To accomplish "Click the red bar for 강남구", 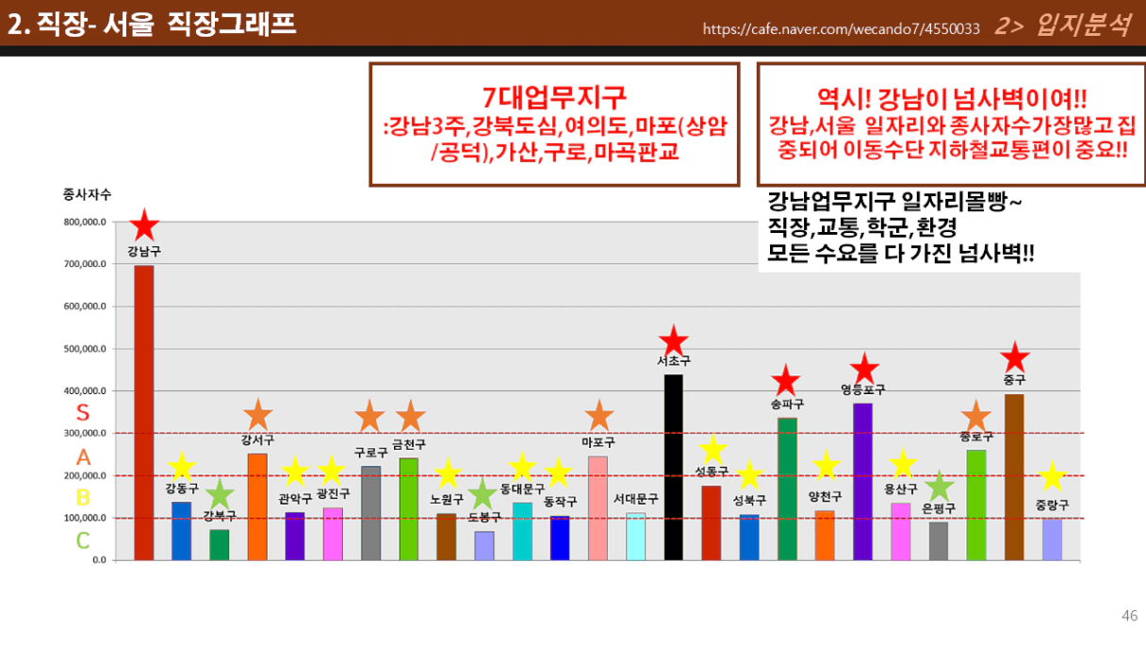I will pos(143,413).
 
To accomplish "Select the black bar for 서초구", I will pos(673,467).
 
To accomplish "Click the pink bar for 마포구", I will pos(598,508).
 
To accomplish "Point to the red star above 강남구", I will pos(144,225).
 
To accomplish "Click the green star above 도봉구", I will pos(483,493).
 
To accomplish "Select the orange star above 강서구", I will pos(257,414).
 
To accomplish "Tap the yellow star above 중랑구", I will pos(1052,476).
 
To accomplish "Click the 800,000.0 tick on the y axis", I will pos(86,222).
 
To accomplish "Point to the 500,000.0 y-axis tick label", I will pos(86,349).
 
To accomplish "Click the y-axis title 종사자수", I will pos(87,194).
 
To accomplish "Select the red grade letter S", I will pos(83,413).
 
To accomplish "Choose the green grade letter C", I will pos(83,540).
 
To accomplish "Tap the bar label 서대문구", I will pos(635,499).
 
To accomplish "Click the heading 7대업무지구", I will pos(554,96).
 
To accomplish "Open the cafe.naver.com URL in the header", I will pos(841,28).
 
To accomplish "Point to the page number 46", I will pos(1129,616).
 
